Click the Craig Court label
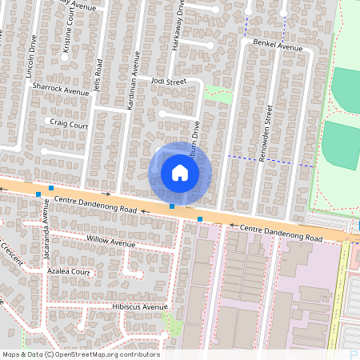tap(68, 124)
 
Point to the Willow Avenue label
tap(111, 242)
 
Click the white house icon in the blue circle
tap(180, 173)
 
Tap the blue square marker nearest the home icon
tap(172, 206)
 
